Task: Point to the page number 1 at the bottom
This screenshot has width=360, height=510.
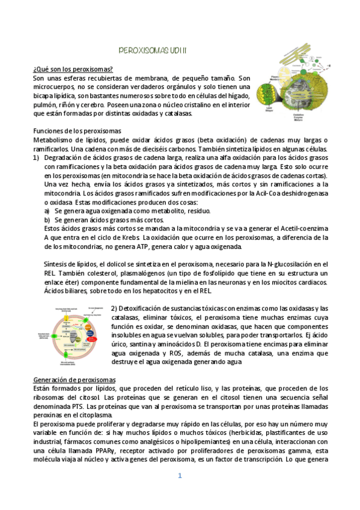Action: tap(179, 476)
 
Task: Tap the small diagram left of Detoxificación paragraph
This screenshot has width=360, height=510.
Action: tap(75, 335)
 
